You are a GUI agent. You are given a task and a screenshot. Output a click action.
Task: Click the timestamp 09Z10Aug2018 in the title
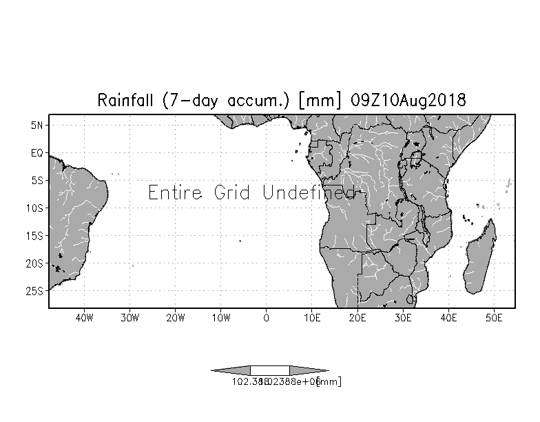[x=408, y=100]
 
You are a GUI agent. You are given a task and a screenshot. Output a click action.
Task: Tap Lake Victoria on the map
[x=416, y=159]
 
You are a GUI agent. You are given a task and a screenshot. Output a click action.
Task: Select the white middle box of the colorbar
[x=269, y=371]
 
